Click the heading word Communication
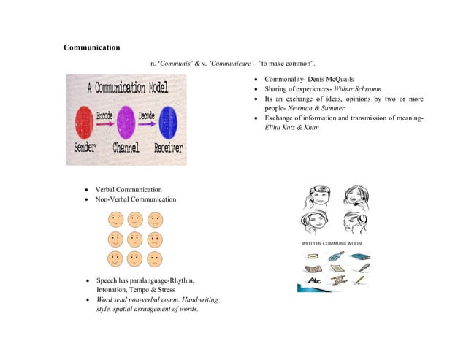coord(92,48)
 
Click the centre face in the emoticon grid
coord(135,239)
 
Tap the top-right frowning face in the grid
coord(155,219)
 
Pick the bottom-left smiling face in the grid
coord(115,258)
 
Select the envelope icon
coord(312,257)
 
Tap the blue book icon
coord(360,257)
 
